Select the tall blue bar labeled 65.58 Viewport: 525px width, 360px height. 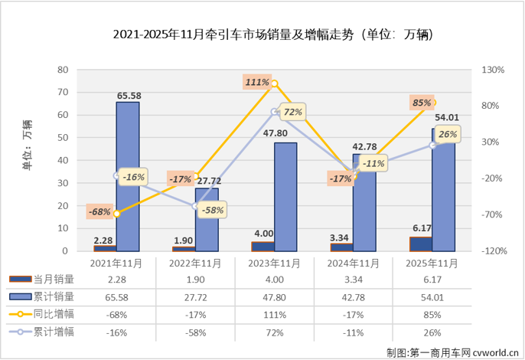[x=127, y=176]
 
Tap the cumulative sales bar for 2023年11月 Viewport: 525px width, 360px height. [x=285, y=197]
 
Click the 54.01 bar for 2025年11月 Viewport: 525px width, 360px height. [x=442, y=189]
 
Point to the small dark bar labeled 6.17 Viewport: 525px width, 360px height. [x=420, y=244]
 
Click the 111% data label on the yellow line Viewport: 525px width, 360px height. [x=257, y=82]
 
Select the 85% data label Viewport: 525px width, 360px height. [x=422, y=102]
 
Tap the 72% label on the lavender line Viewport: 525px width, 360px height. [x=293, y=112]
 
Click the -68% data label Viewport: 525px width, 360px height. [x=99, y=211]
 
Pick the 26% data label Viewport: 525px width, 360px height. [x=448, y=135]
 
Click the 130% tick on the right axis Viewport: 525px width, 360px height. [x=494, y=70]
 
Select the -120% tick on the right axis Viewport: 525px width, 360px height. [x=494, y=251]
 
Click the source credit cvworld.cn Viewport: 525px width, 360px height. [x=485, y=352]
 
